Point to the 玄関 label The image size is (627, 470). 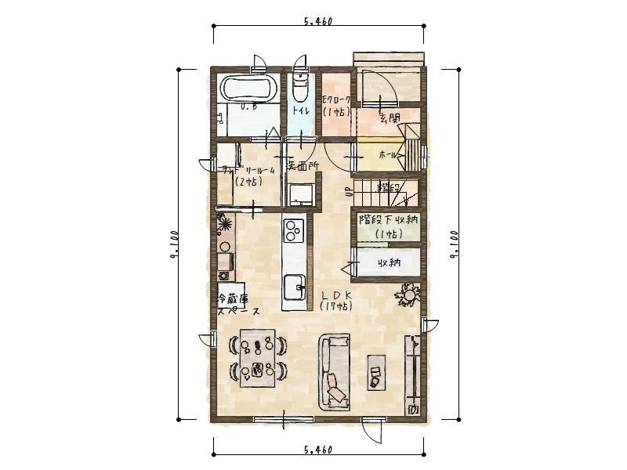pos(390,118)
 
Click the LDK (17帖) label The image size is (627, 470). pos(335,300)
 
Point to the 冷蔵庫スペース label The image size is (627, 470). pos(234,303)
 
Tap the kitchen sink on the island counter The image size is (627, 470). pos(294,286)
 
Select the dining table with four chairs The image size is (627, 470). pos(257,356)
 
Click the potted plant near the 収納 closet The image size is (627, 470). pos(410,295)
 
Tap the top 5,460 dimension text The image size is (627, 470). pos(318,22)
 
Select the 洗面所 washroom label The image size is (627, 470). pos(301,166)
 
